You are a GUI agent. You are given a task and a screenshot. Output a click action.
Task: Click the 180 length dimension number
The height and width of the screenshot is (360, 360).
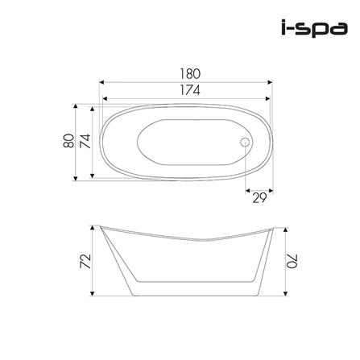(191, 72)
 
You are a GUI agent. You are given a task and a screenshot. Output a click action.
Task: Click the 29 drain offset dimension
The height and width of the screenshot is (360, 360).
(259, 199)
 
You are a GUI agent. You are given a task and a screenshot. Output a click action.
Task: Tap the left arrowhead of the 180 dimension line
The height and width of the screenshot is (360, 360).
(101, 81)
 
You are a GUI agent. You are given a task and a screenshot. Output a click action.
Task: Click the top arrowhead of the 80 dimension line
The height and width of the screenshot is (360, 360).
(77, 104)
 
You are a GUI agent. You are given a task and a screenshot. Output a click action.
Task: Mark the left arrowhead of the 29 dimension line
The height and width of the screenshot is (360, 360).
(245, 191)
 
